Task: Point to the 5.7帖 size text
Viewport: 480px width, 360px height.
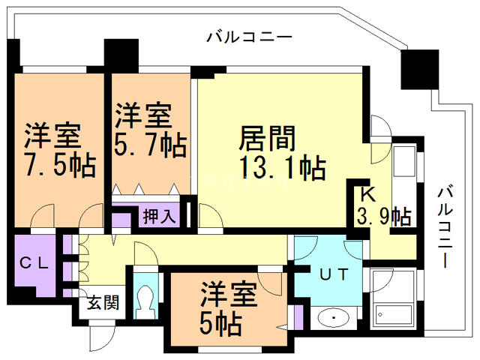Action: pyautogui.click(x=150, y=143)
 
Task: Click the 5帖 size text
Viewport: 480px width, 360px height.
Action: pyautogui.click(x=220, y=323)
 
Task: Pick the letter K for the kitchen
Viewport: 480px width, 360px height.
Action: pyautogui.click(x=367, y=193)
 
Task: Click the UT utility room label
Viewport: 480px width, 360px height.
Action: pyautogui.click(x=334, y=274)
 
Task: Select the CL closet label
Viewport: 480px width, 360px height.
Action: pyautogui.click(x=34, y=263)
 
